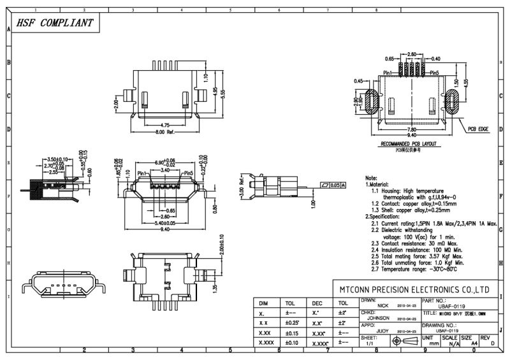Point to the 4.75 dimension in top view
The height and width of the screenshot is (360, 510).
point(165,125)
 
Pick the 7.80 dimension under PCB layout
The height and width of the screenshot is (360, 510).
point(411,129)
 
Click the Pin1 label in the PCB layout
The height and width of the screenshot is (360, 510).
point(390,74)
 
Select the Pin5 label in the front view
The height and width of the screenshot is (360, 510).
point(187,173)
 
